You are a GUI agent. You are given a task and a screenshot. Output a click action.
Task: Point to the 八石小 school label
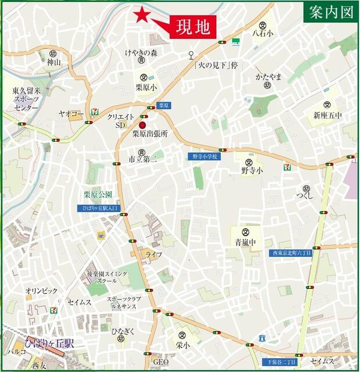pyautogui.click(x=262, y=34)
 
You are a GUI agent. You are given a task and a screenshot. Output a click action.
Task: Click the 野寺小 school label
pyautogui.click(x=252, y=170)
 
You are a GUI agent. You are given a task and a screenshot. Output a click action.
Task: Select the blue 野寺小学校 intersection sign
pyautogui.click(x=203, y=156)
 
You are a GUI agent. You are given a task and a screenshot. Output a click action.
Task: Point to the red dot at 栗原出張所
pyautogui.click(x=142, y=124)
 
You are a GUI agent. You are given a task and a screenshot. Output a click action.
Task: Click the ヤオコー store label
pyautogui.click(x=71, y=114)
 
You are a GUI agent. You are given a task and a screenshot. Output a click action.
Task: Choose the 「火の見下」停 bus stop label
pyautogui.click(x=216, y=65)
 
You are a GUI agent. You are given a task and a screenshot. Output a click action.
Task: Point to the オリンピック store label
pyautogui.click(x=41, y=290)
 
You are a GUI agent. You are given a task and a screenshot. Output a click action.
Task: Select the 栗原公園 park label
pyautogui.click(x=97, y=195)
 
